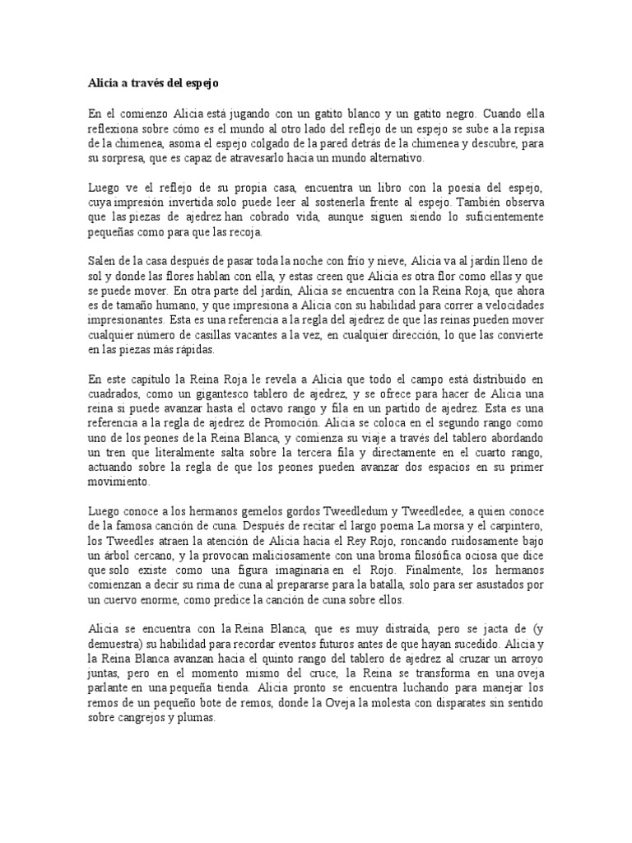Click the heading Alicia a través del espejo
(x=153, y=83)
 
